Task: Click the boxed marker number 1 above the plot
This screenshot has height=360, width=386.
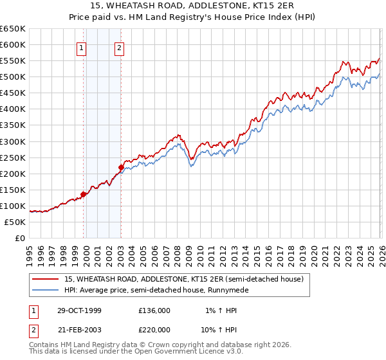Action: [82, 47]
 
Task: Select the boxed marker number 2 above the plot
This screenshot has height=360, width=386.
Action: [120, 47]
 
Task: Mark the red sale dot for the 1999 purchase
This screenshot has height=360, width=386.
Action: [84, 194]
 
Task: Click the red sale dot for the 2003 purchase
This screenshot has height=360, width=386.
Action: [121, 167]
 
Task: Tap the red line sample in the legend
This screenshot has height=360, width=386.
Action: [46, 278]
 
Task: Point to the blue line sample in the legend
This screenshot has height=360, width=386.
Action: [46, 290]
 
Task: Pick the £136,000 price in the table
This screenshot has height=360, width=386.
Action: [154, 310]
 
